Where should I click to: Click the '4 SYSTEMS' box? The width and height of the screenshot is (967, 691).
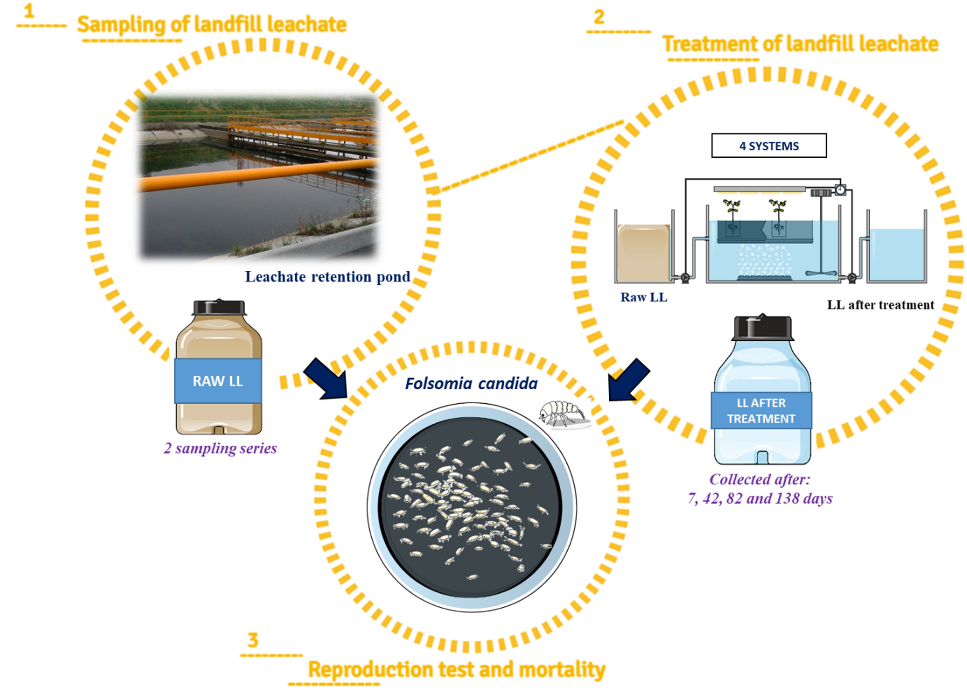pos(769,146)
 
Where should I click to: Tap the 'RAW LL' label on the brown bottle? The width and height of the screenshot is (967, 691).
pos(218,381)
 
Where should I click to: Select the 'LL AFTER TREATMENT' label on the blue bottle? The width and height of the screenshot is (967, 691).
pos(761,410)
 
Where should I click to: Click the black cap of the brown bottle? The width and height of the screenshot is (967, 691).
pos(219,308)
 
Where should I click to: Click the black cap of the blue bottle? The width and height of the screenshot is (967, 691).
pos(762,328)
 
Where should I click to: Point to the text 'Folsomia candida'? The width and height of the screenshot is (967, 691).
pos(471,384)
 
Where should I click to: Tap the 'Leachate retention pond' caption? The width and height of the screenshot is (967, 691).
pos(327,277)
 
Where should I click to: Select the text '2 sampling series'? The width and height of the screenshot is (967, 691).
pos(220,448)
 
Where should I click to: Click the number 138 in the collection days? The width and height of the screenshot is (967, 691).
pos(787,499)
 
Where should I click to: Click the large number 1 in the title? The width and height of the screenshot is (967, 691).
pos(29,11)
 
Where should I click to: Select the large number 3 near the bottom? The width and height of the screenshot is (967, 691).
pos(253,640)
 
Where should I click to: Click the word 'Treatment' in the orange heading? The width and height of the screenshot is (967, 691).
pos(710,44)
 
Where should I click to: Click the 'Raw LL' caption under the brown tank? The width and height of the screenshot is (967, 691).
pos(643,297)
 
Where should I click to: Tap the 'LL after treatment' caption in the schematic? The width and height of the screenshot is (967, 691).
pos(880,305)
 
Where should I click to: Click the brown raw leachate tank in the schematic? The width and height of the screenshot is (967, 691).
pos(644,253)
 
